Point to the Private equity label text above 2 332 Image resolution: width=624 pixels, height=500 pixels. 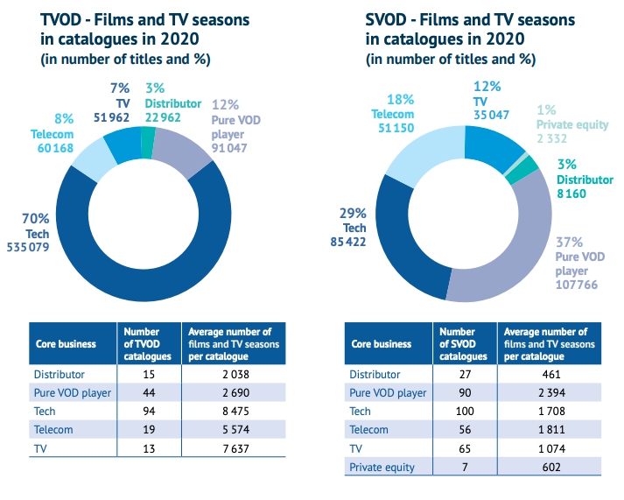pos(573,125)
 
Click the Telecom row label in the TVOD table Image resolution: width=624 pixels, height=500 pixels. pos(56,428)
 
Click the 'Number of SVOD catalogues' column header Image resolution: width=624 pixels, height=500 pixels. pos(465,344)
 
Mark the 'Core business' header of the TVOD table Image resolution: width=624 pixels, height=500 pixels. pos(65,344)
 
